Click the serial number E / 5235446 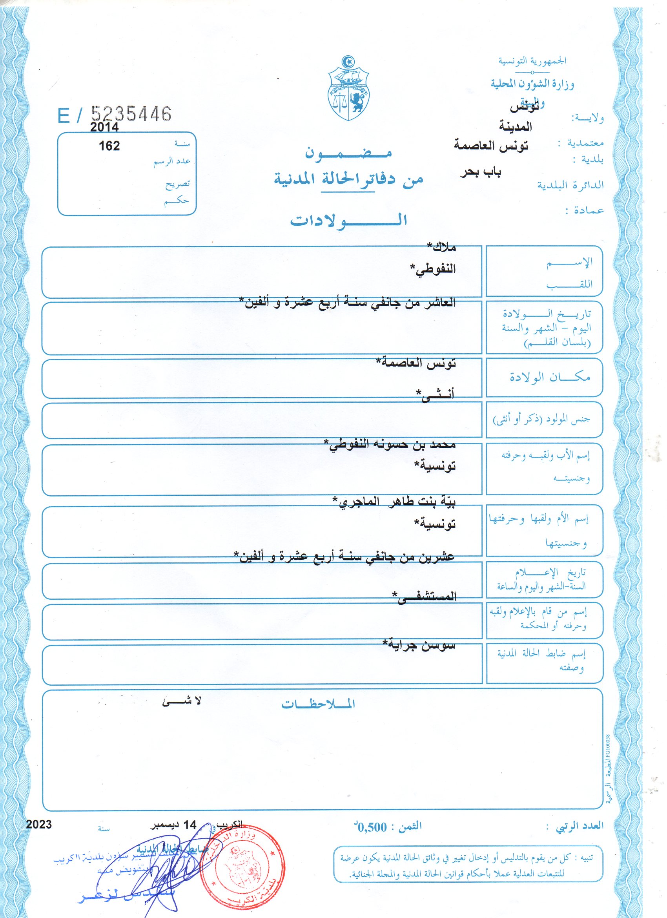point(115,115)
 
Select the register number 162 point(109,146)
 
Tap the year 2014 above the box point(104,127)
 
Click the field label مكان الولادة point(549,377)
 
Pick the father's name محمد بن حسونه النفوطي point(389,445)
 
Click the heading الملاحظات point(318,704)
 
